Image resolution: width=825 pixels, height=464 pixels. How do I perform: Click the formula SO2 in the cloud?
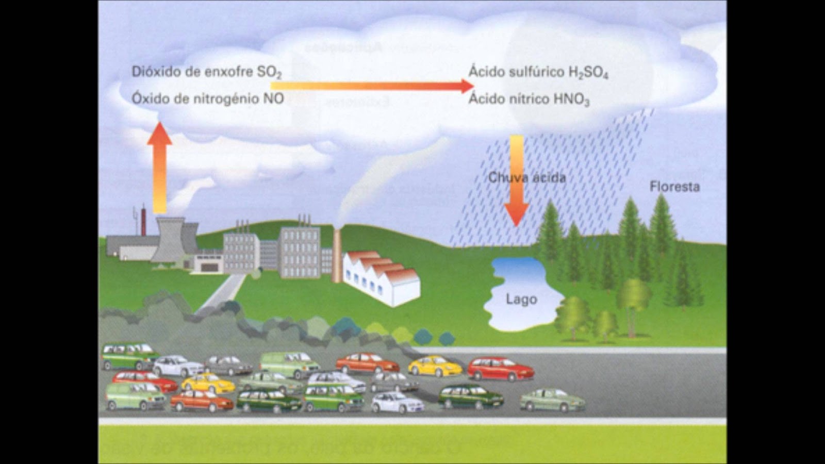click(x=269, y=73)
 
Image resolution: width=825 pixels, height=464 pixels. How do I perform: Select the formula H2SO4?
click(x=588, y=73)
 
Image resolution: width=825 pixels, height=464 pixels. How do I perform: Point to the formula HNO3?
click(x=571, y=100)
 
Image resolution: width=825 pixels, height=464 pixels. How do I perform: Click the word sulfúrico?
click(x=536, y=72)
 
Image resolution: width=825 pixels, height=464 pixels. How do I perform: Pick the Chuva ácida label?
click(x=527, y=178)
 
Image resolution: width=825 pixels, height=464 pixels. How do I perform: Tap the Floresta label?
click(x=674, y=187)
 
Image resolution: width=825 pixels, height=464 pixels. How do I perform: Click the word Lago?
click(x=521, y=299)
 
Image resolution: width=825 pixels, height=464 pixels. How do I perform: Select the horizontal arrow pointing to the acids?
click(x=371, y=86)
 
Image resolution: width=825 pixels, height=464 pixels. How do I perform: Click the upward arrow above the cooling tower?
click(x=160, y=168)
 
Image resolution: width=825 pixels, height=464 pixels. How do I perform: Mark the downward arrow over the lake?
click(x=516, y=180)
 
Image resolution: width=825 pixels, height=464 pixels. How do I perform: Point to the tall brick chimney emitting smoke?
click(x=337, y=255)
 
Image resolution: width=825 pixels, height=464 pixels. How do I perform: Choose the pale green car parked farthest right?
click(x=552, y=399)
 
